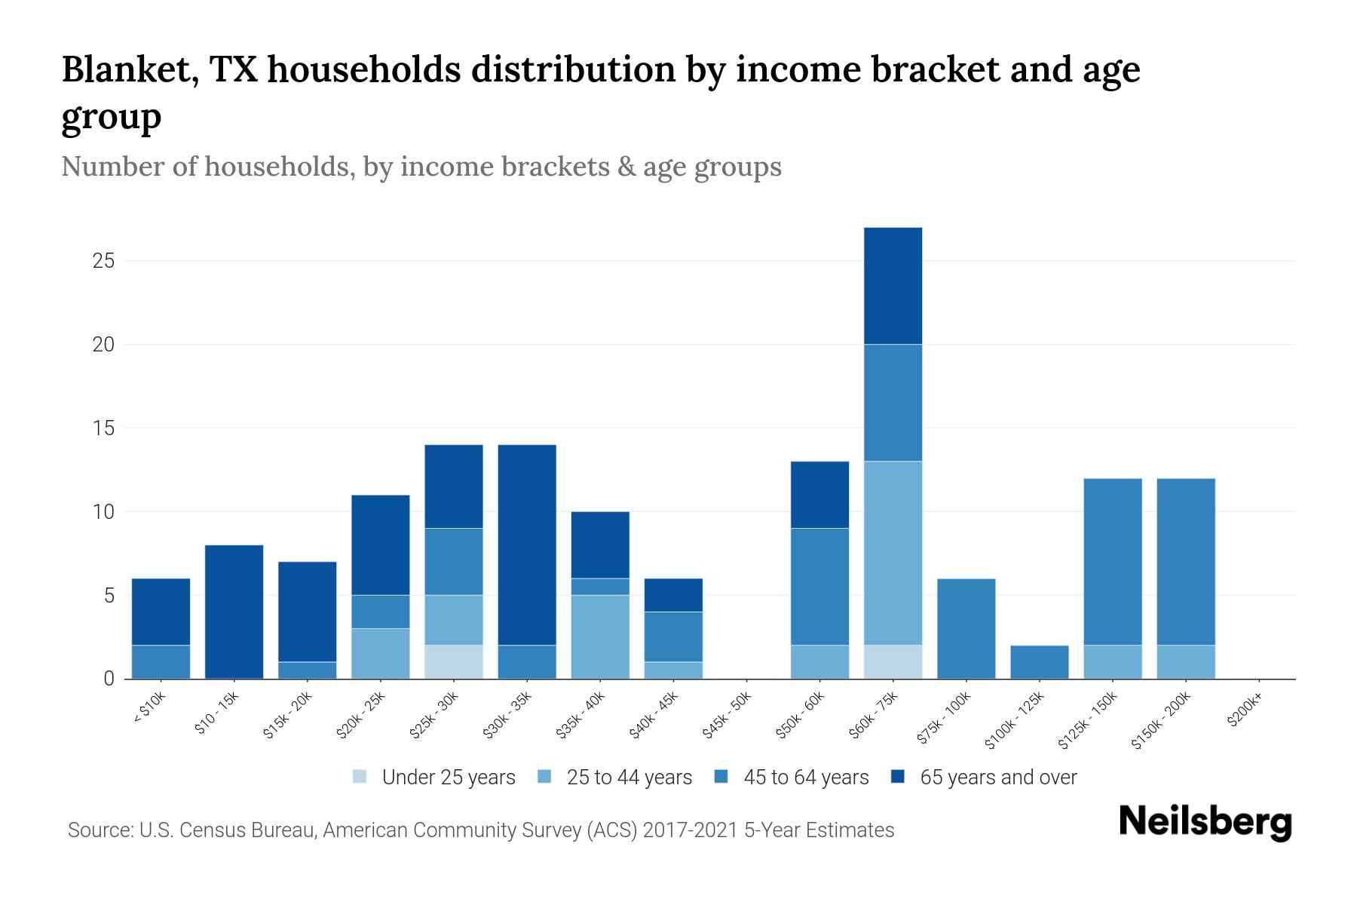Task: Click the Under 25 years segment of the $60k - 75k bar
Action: (893, 661)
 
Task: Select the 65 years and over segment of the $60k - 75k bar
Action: (893, 286)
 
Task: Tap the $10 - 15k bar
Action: (234, 612)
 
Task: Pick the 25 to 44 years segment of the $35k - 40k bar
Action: (600, 637)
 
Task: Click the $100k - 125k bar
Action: (1039, 661)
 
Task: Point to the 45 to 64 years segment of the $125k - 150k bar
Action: (1112, 562)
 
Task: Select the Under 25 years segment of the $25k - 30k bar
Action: (453, 661)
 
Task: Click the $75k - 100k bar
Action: (966, 628)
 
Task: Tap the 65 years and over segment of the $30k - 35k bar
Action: (527, 545)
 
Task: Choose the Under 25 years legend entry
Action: (449, 778)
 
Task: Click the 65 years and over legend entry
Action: (998, 778)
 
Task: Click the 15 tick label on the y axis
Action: (103, 428)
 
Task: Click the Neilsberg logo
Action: (1205, 822)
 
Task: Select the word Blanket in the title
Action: (130, 70)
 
